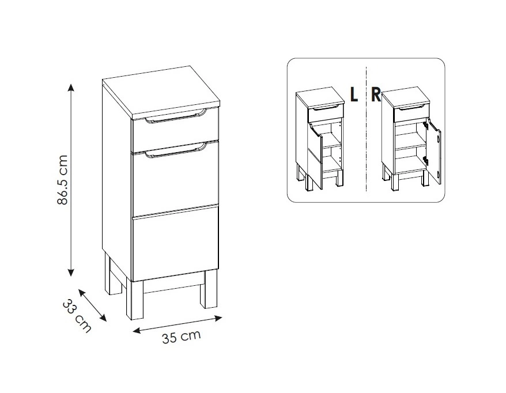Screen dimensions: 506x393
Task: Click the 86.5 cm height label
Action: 62,180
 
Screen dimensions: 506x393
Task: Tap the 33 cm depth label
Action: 77,316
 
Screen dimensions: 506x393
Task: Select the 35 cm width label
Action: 181,337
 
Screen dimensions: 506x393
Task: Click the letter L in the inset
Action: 354,95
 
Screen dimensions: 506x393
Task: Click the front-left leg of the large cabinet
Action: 137,300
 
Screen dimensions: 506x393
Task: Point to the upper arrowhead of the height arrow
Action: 71,87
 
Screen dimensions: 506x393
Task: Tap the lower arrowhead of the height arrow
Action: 71,271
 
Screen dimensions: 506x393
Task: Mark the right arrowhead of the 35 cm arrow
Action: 218,319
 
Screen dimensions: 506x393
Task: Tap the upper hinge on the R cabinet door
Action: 426,126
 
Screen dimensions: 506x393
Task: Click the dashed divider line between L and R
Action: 367,129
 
